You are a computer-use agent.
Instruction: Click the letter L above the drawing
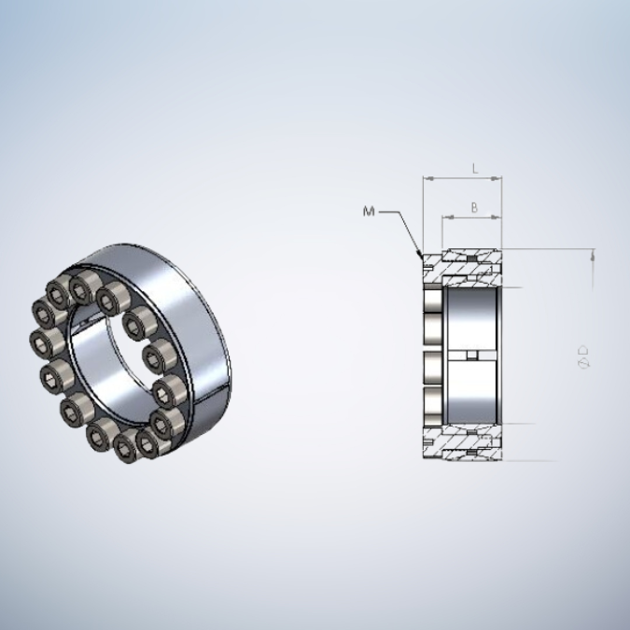pyautogui.click(x=474, y=169)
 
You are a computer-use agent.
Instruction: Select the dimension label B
pyautogui.click(x=474, y=207)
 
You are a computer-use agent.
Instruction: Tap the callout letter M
pyautogui.click(x=369, y=212)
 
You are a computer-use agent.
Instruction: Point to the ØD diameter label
pyautogui.click(x=584, y=356)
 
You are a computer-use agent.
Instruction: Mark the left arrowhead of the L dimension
pyautogui.click(x=426, y=177)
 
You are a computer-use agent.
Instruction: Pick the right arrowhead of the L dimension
pyautogui.click(x=500, y=177)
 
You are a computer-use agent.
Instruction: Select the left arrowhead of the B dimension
pyautogui.click(x=444, y=218)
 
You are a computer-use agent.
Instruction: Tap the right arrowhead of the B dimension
pyautogui.click(x=500, y=218)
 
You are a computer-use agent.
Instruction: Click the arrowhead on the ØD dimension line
pyautogui.click(x=593, y=254)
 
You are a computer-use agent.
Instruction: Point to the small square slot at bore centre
pyautogui.click(x=474, y=355)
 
